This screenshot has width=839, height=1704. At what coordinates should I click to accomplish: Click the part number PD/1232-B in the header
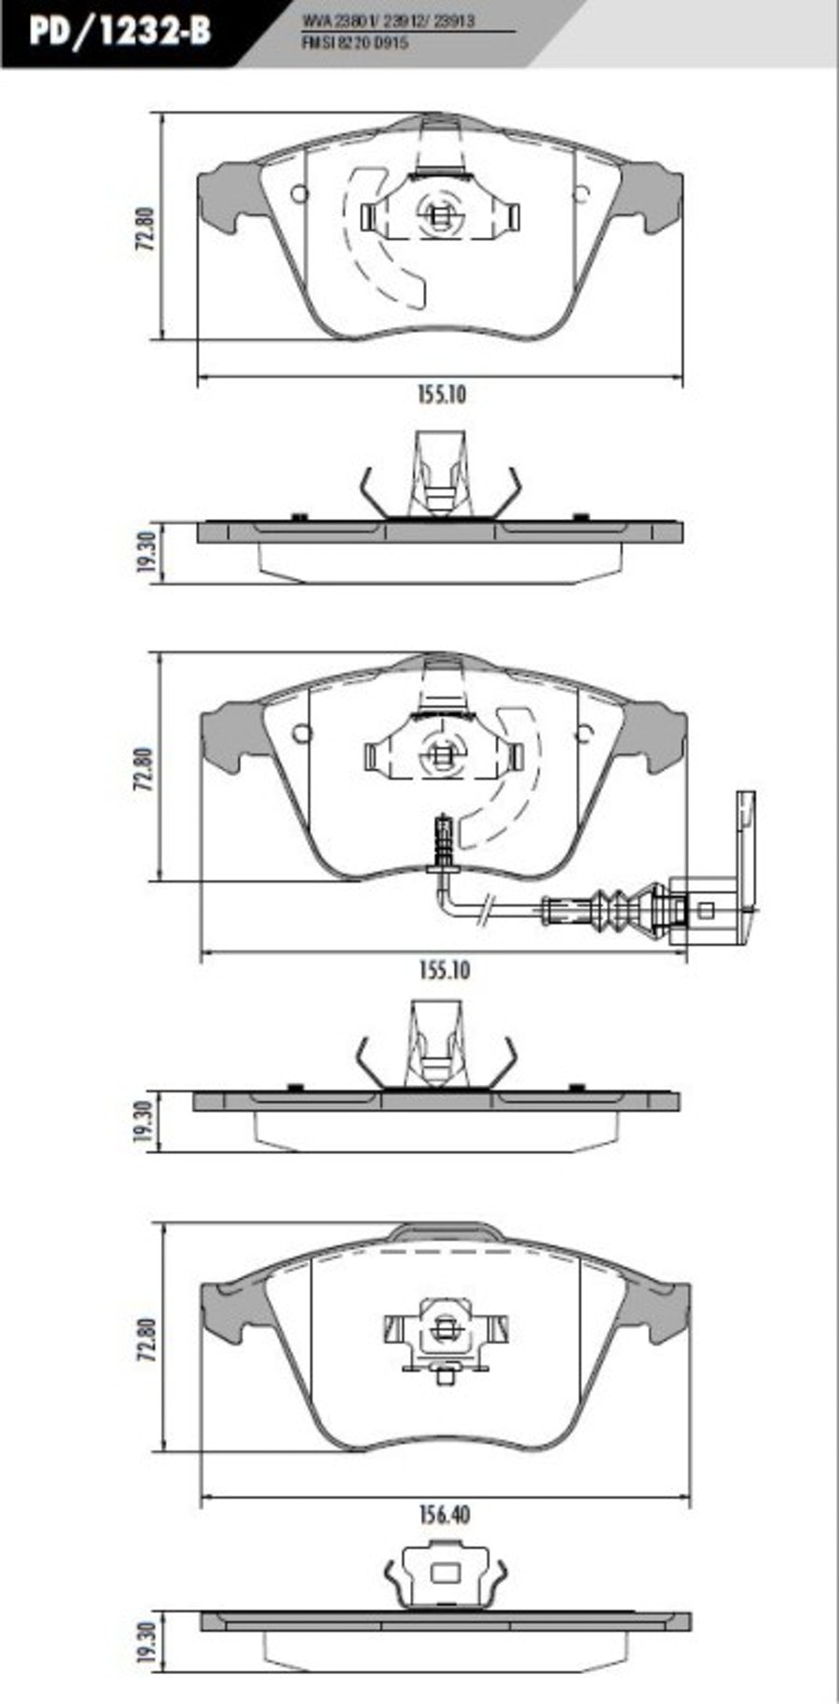(119, 31)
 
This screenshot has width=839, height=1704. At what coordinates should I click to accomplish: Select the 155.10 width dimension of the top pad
(441, 394)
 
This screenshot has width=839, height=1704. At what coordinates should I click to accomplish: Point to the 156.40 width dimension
(445, 1515)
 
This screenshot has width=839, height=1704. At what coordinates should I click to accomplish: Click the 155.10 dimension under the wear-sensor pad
(445, 970)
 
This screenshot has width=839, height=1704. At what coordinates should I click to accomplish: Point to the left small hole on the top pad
(299, 194)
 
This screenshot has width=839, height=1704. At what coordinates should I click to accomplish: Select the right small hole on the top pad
(581, 194)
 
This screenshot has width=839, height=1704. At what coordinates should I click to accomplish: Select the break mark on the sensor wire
(485, 910)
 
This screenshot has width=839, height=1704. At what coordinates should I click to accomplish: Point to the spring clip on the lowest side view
(444, 1575)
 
